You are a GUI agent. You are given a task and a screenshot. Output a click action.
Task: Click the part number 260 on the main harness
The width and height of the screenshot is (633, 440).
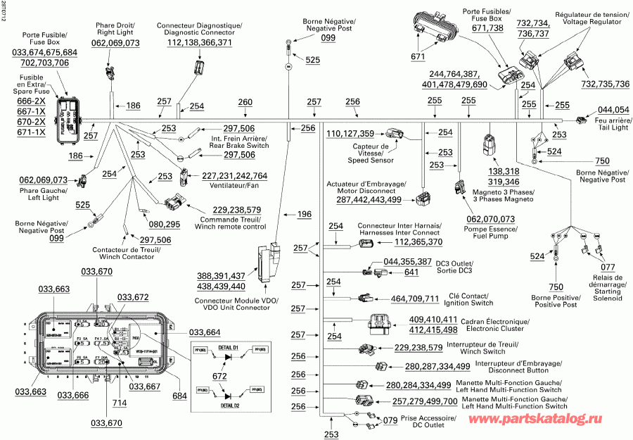click(x=245, y=103)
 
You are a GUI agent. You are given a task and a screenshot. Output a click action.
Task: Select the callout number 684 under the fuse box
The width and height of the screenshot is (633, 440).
click(x=180, y=396)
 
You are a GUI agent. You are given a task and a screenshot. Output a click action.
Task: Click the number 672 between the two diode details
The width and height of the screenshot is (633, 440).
click(x=220, y=377)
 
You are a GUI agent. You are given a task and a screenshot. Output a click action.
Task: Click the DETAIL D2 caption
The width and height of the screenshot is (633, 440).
click(x=231, y=406)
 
